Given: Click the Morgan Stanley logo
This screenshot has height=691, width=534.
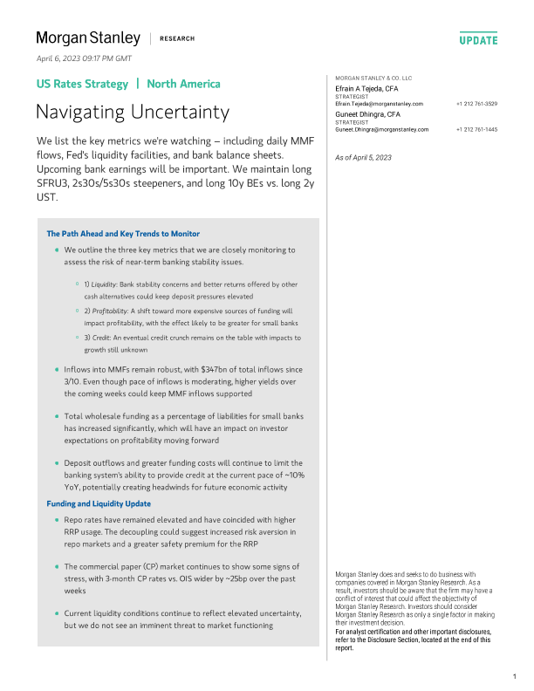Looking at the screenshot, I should (88, 38).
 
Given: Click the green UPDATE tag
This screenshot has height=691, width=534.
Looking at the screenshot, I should (478, 40).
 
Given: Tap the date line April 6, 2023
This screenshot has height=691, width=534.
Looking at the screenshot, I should (84, 58).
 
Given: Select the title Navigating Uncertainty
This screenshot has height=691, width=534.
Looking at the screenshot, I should (133, 112).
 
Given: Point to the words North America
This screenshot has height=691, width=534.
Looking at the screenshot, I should (183, 85).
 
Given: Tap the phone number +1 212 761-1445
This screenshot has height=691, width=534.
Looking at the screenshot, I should (476, 129).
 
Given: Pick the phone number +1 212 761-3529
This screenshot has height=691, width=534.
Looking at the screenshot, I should (476, 104).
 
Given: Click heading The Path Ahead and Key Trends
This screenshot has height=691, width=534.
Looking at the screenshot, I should (123, 234).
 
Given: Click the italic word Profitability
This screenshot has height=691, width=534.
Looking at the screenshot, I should (112, 311).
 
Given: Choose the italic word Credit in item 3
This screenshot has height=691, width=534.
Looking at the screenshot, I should (104, 337).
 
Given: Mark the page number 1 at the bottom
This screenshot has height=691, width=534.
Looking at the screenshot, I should (515, 676).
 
